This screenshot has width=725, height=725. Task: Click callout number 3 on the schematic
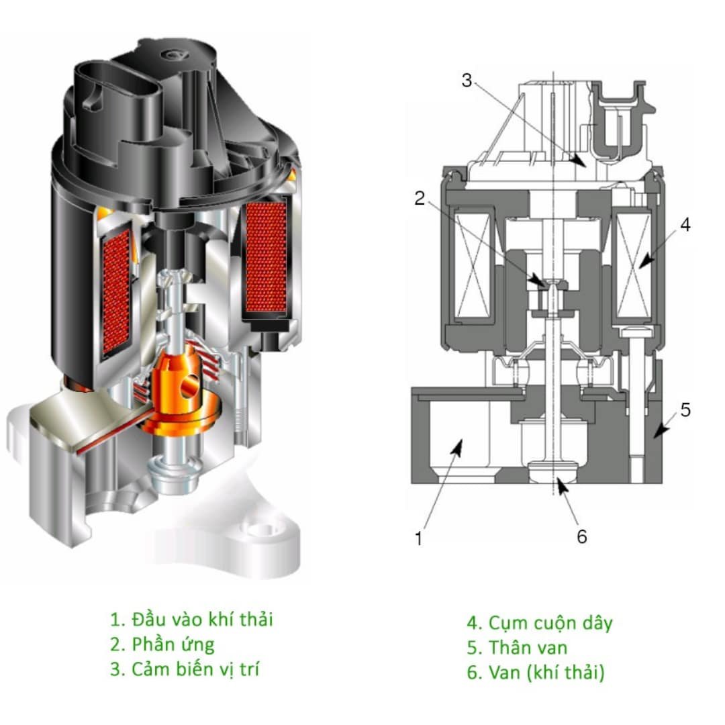click(x=467, y=81)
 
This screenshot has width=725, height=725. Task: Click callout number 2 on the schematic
click(x=420, y=198)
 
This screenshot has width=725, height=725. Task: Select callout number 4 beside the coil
click(x=685, y=225)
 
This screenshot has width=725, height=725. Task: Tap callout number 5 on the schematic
click(x=685, y=409)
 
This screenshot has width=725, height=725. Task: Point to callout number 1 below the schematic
click(x=418, y=538)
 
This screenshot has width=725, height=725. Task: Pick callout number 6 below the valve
click(x=581, y=536)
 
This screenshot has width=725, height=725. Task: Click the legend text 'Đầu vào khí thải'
click(x=203, y=619)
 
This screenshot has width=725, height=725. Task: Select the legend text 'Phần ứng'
click(x=173, y=644)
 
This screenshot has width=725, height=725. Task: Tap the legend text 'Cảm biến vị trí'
click(x=195, y=669)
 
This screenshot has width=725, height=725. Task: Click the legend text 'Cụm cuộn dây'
click(x=550, y=623)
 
